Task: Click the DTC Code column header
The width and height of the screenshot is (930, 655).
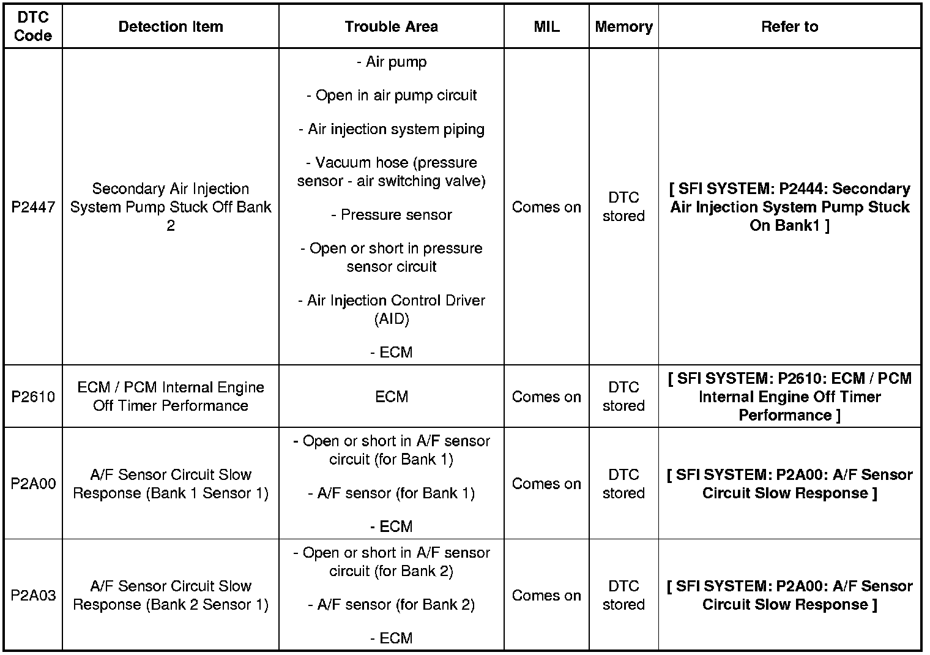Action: point(32,27)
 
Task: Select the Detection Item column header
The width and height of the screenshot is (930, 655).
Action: point(171,27)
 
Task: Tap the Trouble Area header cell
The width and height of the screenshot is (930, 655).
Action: point(391,27)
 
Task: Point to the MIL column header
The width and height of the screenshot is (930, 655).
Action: point(546,27)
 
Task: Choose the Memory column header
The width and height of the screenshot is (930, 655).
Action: point(623,27)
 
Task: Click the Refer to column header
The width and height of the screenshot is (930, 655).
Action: point(789,27)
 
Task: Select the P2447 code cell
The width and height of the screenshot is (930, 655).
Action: point(32,208)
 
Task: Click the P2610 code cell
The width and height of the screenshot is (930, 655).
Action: point(32,397)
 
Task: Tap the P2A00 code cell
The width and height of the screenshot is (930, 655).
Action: point(32,484)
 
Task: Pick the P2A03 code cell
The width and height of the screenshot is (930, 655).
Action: point(32,595)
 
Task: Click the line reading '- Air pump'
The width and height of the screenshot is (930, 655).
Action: point(392,62)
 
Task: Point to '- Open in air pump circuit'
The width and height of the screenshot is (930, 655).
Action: point(392,95)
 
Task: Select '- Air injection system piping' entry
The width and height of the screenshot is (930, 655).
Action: point(392,129)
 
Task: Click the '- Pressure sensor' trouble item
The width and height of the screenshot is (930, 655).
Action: point(392,215)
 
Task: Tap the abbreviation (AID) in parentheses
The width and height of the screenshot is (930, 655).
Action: point(392,319)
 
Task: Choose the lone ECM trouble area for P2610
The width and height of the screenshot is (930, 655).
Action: point(392,397)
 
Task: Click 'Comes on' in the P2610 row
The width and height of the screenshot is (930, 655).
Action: point(546,397)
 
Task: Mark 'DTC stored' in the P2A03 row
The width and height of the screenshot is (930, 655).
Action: point(623,595)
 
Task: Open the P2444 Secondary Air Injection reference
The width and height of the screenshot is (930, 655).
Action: point(789,207)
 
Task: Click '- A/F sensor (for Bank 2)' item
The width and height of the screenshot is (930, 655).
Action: point(392,605)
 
